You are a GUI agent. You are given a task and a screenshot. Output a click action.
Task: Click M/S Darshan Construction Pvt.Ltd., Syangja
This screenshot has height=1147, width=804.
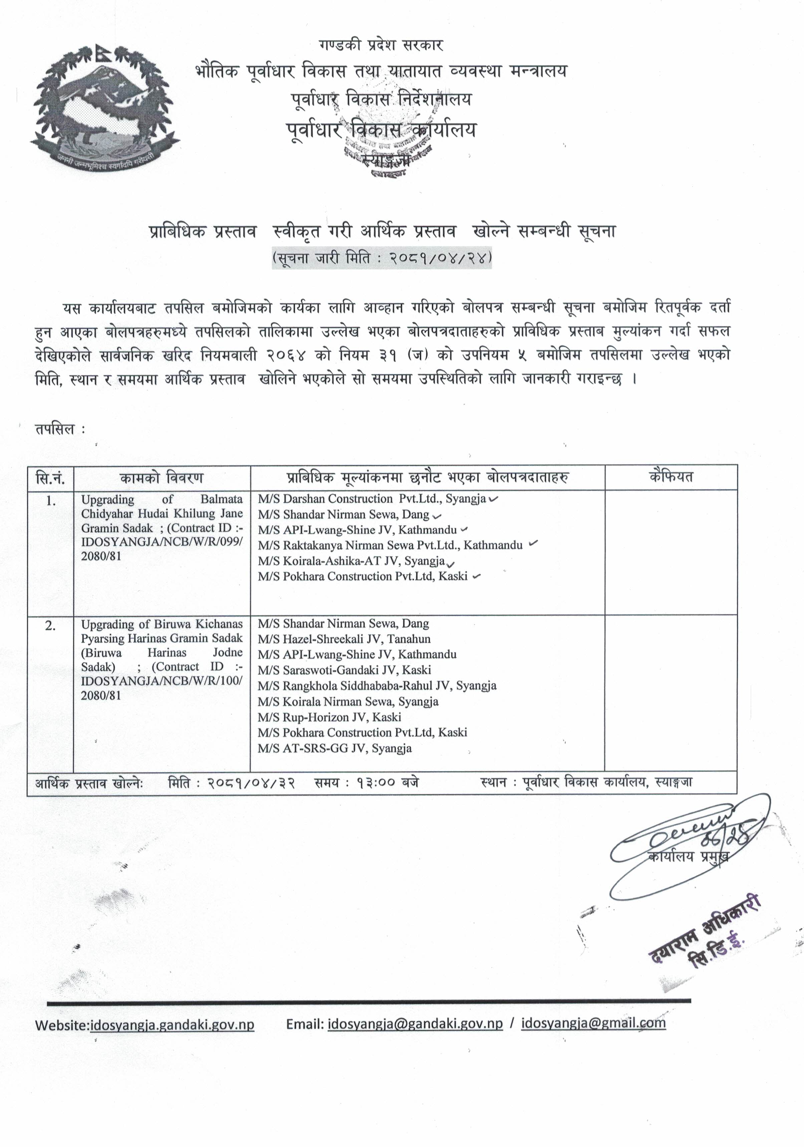[372, 499]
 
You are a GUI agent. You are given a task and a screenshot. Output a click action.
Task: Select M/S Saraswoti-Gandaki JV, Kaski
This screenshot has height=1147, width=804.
[344, 670]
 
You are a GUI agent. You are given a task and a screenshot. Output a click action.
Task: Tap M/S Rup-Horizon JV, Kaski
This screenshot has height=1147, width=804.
[329, 717]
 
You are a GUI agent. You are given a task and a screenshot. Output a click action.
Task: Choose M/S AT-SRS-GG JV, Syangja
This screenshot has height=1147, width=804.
[335, 748]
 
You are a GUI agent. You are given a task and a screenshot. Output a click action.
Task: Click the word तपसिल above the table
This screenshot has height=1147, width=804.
[55, 429]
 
